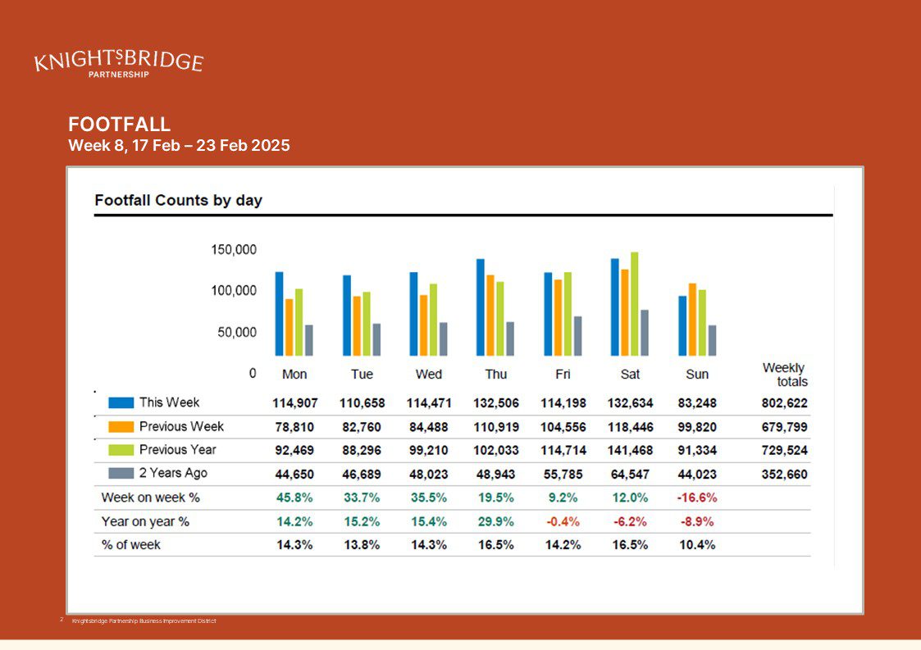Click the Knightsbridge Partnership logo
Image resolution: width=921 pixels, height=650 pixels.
[119, 63]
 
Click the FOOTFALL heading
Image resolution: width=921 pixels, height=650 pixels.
[119, 124]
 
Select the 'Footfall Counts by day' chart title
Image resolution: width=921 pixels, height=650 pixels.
[179, 200]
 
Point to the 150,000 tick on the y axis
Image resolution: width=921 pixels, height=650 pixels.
[234, 249]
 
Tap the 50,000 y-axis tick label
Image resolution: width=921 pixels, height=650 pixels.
[237, 332]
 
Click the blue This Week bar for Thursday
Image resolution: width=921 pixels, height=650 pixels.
[481, 307]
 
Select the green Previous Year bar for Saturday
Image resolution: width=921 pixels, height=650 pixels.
[634, 303]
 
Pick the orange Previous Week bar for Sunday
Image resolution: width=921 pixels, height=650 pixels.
[692, 320]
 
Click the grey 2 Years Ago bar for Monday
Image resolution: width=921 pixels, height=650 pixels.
[309, 340]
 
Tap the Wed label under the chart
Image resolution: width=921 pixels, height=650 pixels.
[429, 374]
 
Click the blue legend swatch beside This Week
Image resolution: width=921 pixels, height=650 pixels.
[121, 402]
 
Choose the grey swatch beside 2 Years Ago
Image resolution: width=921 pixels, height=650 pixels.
[121, 473]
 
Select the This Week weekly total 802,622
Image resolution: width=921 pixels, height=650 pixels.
[785, 403]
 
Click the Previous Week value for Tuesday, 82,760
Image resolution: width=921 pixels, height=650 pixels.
[362, 427]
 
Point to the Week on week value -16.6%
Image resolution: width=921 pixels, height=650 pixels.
[697, 498]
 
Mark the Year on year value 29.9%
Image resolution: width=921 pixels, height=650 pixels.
[495, 521]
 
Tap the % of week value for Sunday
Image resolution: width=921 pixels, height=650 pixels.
[697, 545]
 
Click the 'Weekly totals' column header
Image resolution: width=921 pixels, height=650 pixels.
[785, 375]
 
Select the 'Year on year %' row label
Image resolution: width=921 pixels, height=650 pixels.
[145, 521]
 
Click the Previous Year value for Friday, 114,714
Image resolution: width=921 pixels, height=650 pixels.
[563, 450]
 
